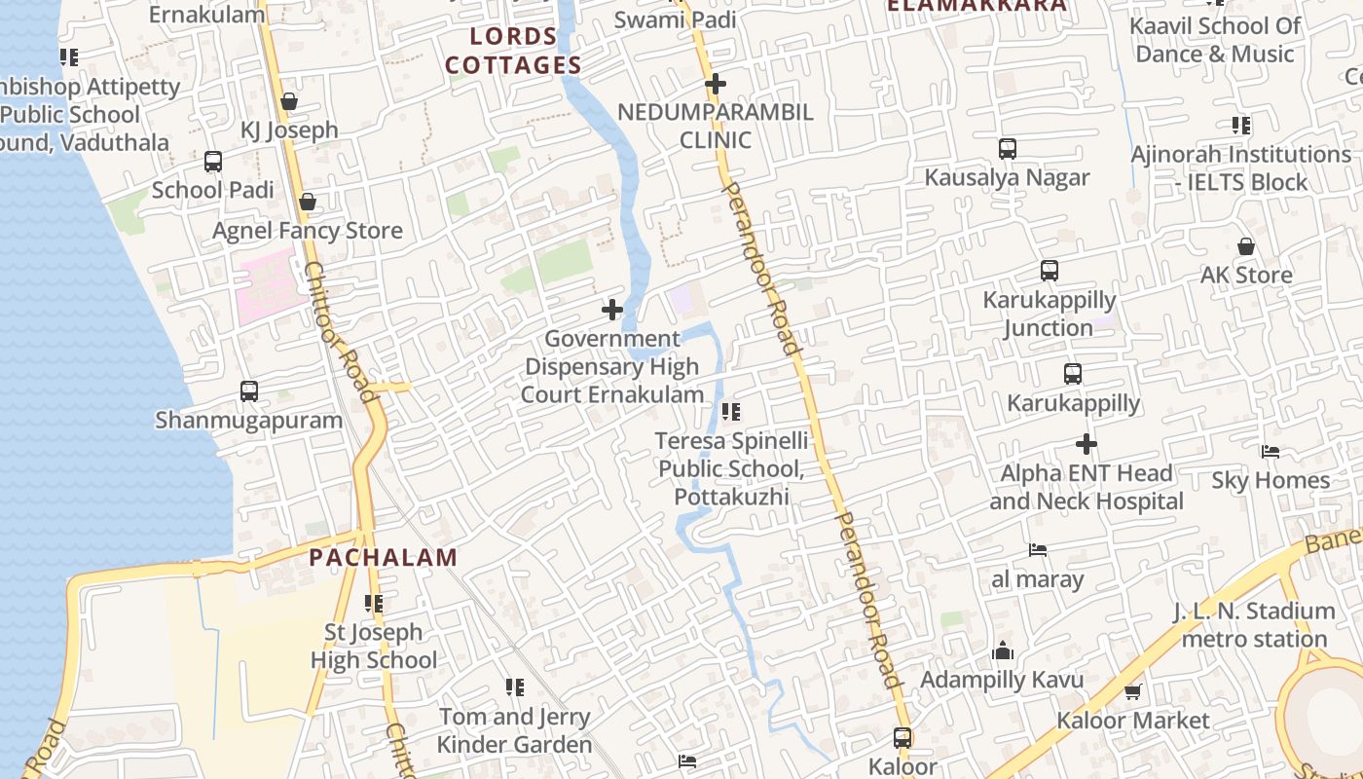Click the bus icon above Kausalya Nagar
pyautogui.click(x=1008, y=149)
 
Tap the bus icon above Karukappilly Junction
pyautogui.click(x=1049, y=271)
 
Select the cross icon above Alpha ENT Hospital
pyautogui.click(x=1087, y=445)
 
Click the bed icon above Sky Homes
pyautogui.click(x=1270, y=452)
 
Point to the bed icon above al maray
pyautogui.click(x=1038, y=550)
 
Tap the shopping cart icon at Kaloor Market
pyautogui.click(x=1132, y=691)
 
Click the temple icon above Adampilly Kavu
pyautogui.click(x=1003, y=651)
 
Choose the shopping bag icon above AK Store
pyautogui.click(x=1245, y=246)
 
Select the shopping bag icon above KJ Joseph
pyautogui.click(x=289, y=101)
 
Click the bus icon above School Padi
pyautogui.click(x=213, y=162)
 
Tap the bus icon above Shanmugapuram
pyautogui.click(x=249, y=391)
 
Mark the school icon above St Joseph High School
pyautogui.click(x=374, y=604)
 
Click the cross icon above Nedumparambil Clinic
pyautogui.click(x=716, y=84)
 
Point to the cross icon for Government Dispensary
pyautogui.click(x=612, y=311)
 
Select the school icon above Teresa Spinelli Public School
pyautogui.click(x=731, y=412)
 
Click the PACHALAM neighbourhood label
pyautogui.click(x=383, y=558)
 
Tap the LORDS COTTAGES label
pyautogui.click(x=513, y=52)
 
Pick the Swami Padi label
pyautogui.click(x=675, y=19)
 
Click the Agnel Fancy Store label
pyautogui.click(x=307, y=231)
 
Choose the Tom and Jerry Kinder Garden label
pyautogui.click(x=514, y=730)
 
